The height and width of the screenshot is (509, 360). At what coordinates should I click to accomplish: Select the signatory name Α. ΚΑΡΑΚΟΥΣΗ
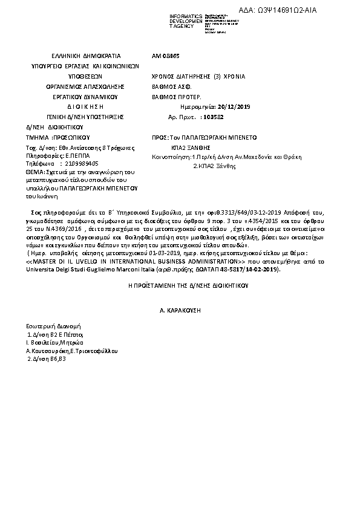[x=179, y=310]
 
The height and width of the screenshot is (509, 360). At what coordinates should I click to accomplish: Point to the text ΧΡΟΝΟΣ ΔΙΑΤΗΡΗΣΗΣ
[x=179, y=77]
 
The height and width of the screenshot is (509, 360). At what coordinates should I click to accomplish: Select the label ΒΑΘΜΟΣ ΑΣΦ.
[x=171, y=87]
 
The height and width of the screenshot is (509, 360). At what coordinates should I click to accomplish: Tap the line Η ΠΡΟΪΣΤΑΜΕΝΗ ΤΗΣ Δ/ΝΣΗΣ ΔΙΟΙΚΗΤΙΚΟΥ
[x=179, y=284]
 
